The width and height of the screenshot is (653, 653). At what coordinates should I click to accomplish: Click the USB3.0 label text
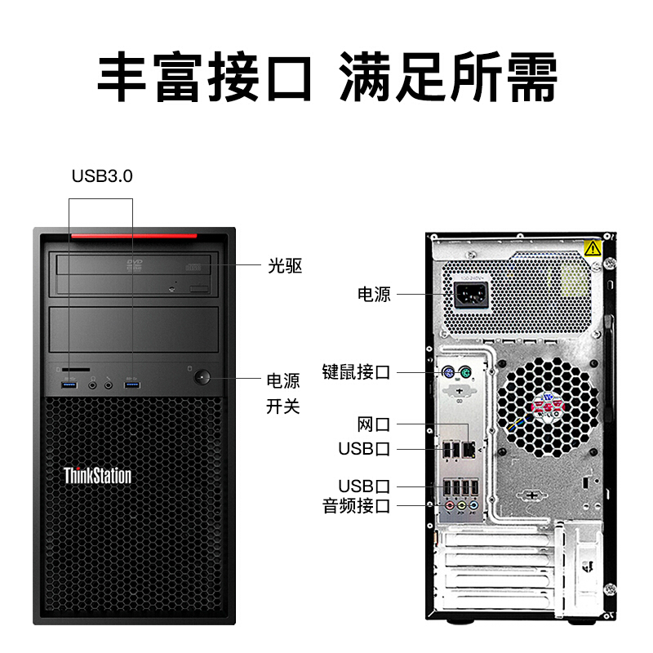click(102, 176)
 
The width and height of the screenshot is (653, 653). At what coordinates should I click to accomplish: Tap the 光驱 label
click(285, 266)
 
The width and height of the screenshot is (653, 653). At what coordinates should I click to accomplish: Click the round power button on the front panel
click(202, 378)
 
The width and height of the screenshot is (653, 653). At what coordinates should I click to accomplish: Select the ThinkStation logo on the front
click(97, 476)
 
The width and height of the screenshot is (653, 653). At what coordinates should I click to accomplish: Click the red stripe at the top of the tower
click(134, 236)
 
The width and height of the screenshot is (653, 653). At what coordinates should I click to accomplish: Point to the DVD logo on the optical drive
click(135, 264)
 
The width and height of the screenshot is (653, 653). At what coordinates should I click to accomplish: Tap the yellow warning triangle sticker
click(593, 249)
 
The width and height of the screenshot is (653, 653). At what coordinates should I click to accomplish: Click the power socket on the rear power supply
click(471, 295)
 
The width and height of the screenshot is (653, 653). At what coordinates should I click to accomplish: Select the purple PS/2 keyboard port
click(448, 372)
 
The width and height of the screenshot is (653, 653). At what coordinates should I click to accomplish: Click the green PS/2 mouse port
click(465, 372)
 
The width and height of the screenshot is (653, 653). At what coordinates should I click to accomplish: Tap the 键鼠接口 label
click(356, 372)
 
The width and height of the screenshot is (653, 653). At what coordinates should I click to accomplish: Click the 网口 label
click(374, 424)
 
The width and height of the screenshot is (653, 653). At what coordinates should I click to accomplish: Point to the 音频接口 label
click(356, 506)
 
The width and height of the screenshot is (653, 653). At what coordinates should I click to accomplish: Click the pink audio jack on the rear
click(450, 506)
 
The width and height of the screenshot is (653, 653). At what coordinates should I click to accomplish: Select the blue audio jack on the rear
click(473, 506)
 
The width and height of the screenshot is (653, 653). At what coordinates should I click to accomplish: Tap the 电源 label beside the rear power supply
click(374, 295)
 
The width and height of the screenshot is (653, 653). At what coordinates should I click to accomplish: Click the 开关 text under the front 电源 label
click(283, 406)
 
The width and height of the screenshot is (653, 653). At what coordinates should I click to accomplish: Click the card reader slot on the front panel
click(76, 370)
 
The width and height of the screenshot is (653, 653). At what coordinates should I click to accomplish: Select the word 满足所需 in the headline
click(447, 77)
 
